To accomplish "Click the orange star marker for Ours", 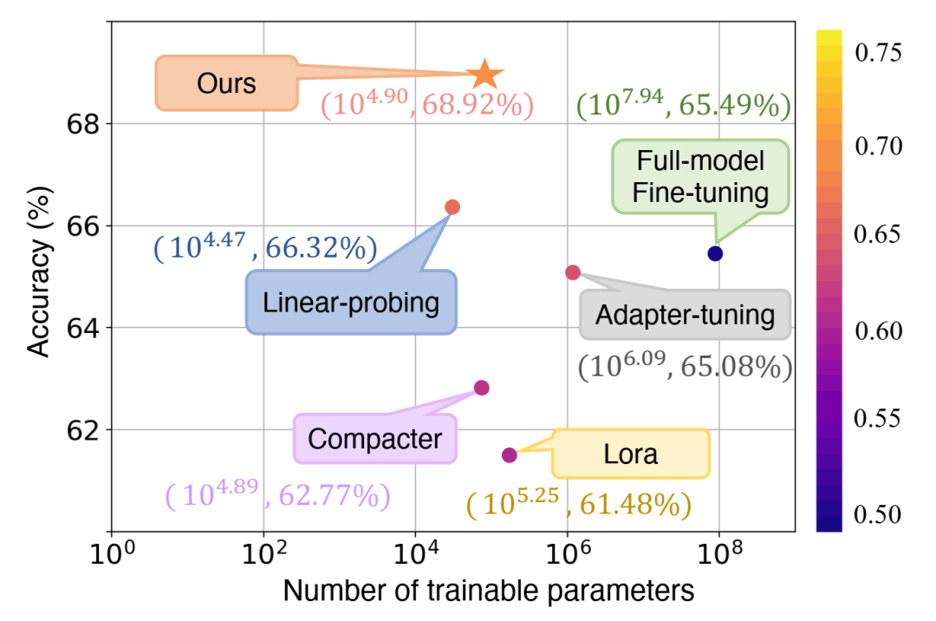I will point(484,75).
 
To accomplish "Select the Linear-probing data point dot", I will point(452,206).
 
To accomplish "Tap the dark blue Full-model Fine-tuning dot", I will point(715,253).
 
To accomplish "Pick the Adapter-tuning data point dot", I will point(573,272).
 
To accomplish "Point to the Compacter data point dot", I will point(482,388).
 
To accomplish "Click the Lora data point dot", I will point(510,454).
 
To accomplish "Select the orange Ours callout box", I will point(225,83).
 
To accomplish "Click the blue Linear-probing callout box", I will point(351,303).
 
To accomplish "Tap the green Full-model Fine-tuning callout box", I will point(700,176).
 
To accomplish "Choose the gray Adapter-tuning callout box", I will point(685,314).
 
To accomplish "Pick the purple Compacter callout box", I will point(374,439).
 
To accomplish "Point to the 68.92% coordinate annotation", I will point(426,105).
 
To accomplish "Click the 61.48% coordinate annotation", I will point(578,504).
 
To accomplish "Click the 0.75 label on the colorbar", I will point(879,54).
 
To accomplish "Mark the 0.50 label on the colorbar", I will point(879,514).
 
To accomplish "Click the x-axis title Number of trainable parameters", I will point(488,592).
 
